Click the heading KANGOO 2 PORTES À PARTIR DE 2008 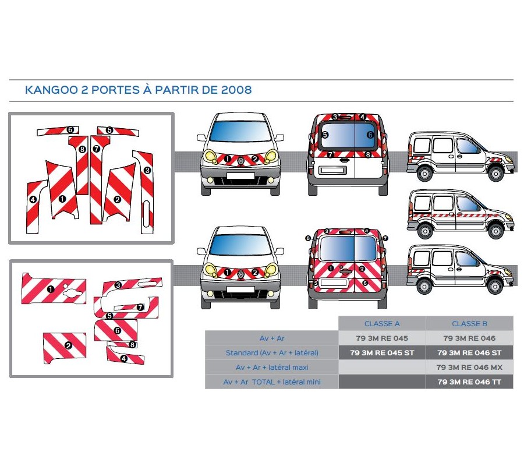click(139, 90)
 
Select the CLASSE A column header click(382, 324)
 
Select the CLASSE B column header click(469, 324)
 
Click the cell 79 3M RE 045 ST click(382, 353)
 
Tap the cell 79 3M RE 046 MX click(469, 368)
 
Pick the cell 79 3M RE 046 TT click(469, 382)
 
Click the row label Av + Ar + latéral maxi click(272, 368)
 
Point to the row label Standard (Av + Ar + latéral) click(272, 353)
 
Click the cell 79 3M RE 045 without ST click(382, 338)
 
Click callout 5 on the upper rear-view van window click(325, 135)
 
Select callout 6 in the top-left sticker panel click(69, 129)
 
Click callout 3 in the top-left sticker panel click(147, 170)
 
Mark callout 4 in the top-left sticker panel click(33, 200)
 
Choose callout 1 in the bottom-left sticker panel click(51, 288)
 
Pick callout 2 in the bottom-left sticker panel click(68, 345)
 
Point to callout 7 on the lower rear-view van click(385, 238)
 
